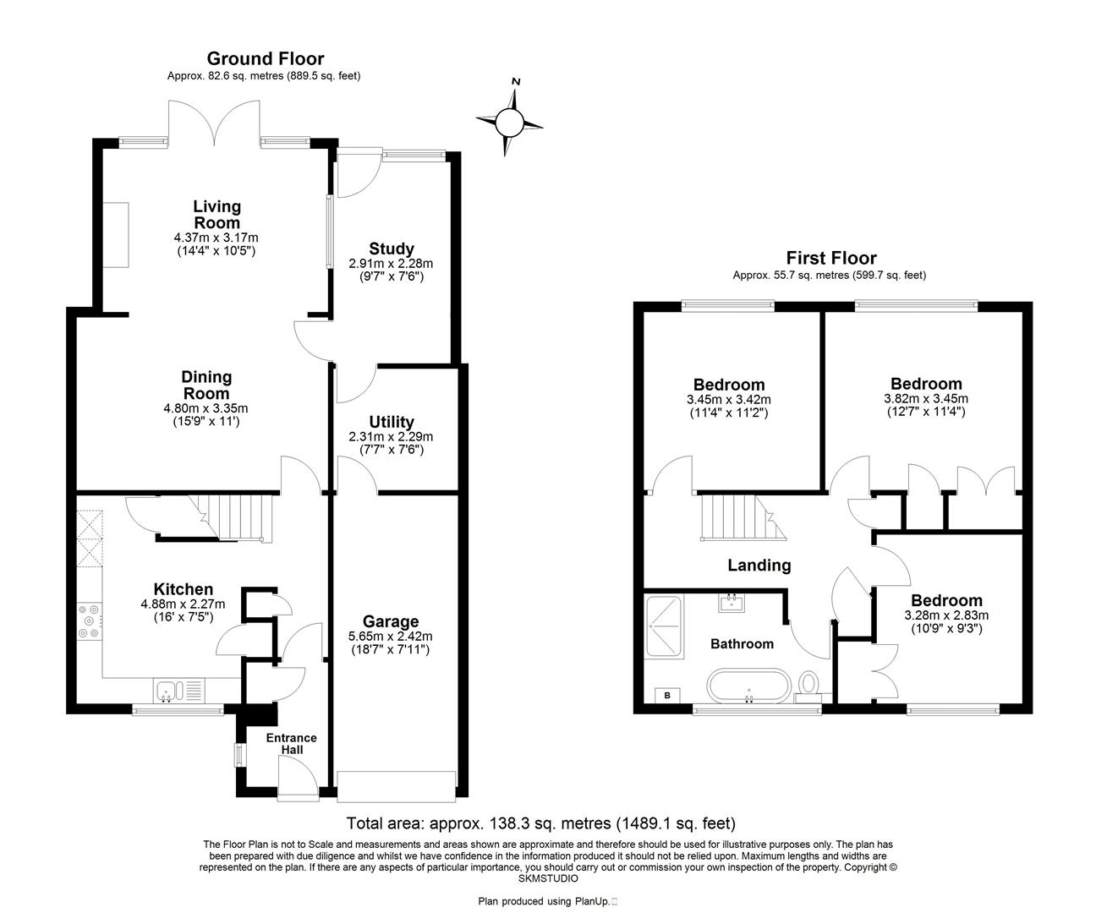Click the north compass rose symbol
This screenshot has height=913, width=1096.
(510, 123)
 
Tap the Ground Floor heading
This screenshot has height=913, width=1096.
(265, 58)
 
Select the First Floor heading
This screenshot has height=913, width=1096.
(830, 258)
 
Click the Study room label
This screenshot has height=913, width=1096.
(392, 249)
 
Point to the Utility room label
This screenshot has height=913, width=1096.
(392, 422)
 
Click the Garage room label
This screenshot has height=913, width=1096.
(390, 621)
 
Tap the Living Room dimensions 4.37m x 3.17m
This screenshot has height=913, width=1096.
(216, 238)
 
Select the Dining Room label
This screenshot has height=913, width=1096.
(206, 385)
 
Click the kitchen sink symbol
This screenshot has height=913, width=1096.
(178, 692)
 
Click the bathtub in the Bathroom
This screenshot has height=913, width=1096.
(749, 686)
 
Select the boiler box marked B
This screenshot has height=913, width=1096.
(667, 696)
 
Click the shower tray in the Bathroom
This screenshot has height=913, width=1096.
(663, 626)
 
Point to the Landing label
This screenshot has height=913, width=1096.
(759, 566)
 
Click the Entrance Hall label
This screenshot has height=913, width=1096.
(291, 744)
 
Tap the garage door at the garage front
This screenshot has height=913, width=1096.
(397, 785)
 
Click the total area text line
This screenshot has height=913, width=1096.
(541, 823)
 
